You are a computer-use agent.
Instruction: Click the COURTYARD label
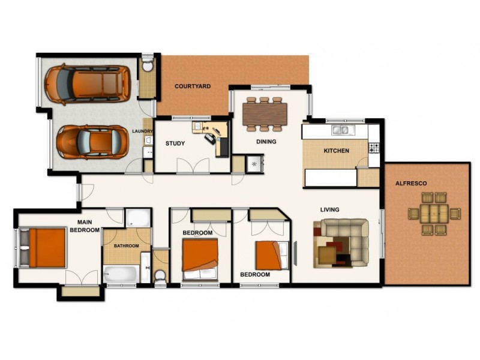(193, 86)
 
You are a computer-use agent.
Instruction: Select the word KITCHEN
(336, 151)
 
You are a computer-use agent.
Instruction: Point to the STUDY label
(175, 143)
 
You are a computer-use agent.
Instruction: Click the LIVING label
(329, 209)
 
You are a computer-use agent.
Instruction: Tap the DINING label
(266, 142)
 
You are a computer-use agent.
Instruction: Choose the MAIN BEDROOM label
(84, 226)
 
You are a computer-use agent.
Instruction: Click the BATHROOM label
(127, 246)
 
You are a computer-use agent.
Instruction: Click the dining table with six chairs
(265, 113)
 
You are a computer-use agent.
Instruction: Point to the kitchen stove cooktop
(374, 146)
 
